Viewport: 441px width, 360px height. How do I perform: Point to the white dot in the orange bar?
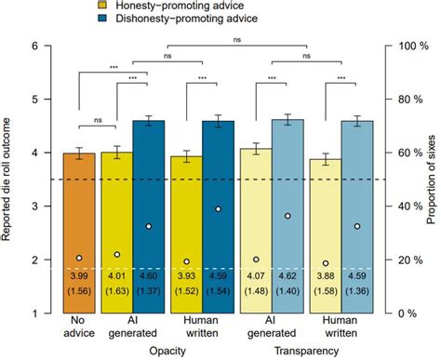pos(80,258)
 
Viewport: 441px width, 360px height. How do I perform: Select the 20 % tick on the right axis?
pos(403,260)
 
